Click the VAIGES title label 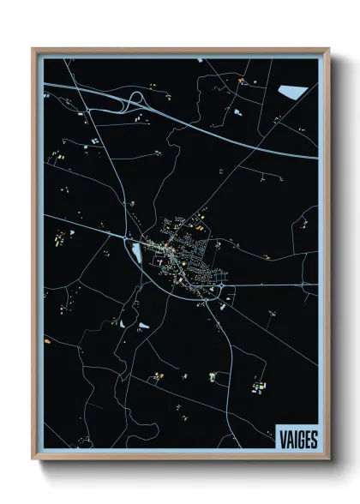(297, 439)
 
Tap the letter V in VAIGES (282, 439)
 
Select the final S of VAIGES (314, 439)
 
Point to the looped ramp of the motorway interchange (134, 103)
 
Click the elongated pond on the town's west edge (135, 252)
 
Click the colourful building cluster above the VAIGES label (259, 388)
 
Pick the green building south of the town (211, 375)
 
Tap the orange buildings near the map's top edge (243, 81)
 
